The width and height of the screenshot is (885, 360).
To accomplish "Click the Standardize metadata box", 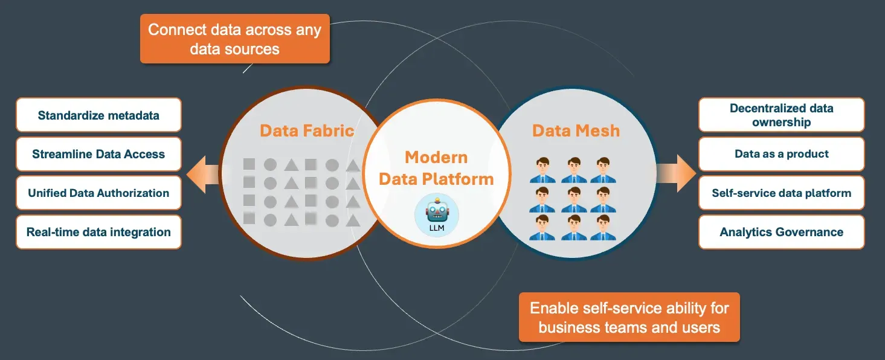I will (x=98, y=115).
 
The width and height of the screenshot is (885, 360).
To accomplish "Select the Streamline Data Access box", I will (x=98, y=154).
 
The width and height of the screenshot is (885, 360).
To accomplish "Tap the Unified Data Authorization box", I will (x=98, y=193).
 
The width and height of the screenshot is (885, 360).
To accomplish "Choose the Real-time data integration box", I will (x=98, y=232).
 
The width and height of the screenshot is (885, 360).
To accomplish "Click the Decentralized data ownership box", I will (x=781, y=115).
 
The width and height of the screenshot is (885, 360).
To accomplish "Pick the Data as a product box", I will (x=781, y=154).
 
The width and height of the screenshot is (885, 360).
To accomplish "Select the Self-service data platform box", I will (x=781, y=193).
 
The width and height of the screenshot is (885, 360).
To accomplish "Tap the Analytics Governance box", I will (x=781, y=232).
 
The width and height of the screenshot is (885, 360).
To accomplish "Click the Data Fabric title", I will (x=307, y=130).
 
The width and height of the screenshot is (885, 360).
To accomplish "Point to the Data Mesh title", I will (x=576, y=130).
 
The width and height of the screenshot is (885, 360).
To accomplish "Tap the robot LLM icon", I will (x=437, y=214).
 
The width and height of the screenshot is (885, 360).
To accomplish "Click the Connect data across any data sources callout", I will (x=234, y=39).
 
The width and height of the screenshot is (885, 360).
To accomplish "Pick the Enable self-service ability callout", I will (x=629, y=318).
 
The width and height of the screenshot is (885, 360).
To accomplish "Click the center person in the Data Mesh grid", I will (x=574, y=199).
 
